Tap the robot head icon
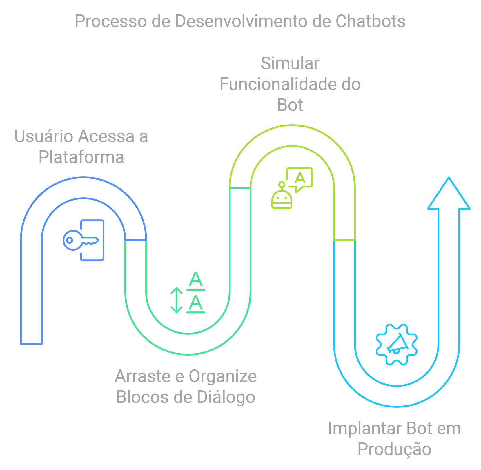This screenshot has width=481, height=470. tap(282, 198)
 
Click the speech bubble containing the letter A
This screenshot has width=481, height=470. tap(300, 178)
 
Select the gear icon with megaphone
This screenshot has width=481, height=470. tap(396, 344)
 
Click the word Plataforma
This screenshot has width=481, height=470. tap(81, 157)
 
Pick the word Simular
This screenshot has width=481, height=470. tap(290, 63)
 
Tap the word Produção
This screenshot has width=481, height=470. tap(394, 449)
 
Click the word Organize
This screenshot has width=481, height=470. tap(223, 376)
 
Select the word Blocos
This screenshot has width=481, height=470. tap(142, 397)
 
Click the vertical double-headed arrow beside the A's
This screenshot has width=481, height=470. tap(176, 300)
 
